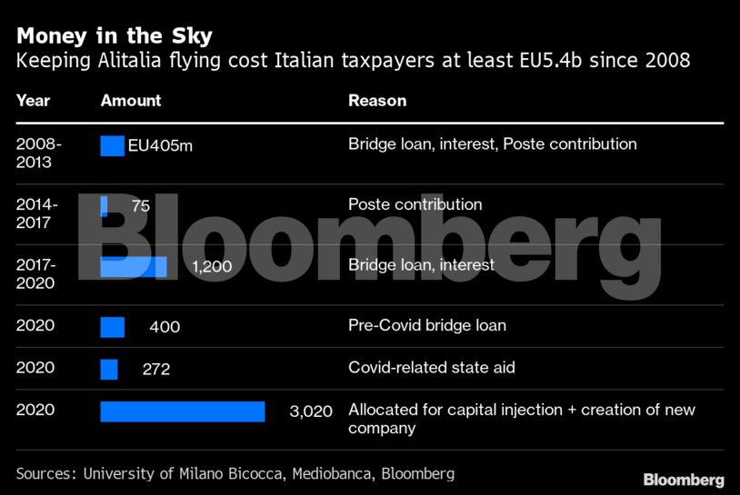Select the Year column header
point(34,101)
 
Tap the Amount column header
point(131,101)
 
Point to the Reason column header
point(377,101)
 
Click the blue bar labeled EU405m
point(112,145)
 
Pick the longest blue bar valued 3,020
point(182,411)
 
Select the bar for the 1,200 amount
point(133,266)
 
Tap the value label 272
point(156,370)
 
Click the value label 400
point(165,327)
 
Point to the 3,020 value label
point(311,411)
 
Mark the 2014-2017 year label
point(36,213)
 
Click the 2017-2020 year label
point(36,273)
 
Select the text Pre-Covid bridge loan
point(427,325)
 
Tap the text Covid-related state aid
point(433,368)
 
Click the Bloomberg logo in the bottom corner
point(684,480)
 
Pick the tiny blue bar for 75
point(104,206)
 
